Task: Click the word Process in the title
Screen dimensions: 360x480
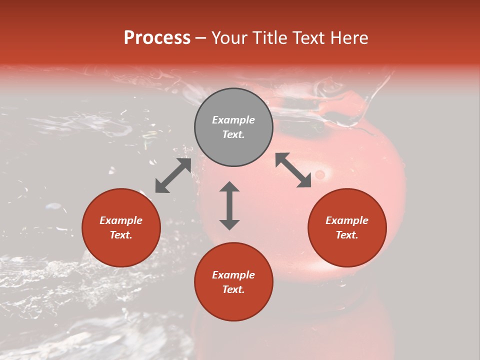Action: tap(157, 38)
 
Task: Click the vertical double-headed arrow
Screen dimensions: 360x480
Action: tap(229, 206)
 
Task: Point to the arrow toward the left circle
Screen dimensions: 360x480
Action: tap(173, 175)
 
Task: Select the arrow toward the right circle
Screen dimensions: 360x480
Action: tap(293, 170)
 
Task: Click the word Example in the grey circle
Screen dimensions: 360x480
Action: tap(233, 120)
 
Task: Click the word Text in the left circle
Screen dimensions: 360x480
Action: tap(121, 235)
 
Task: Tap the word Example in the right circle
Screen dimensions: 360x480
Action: tap(347, 220)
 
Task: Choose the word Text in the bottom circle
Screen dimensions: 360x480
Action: tap(233, 289)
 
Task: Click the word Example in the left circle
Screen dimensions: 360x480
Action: tap(121, 220)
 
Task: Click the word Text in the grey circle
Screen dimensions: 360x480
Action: tap(233, 134)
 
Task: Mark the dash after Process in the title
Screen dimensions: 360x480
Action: tap(200, 38)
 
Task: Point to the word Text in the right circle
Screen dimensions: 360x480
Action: tap(347, 235)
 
